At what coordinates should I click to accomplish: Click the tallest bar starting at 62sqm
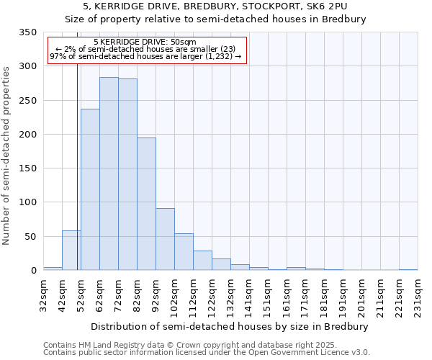pos(109,174)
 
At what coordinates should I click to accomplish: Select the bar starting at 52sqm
pos(90,189)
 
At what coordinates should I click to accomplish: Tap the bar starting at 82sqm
pos(146,204)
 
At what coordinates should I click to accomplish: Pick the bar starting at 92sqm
pos(165,239)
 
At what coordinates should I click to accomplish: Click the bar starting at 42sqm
pos(71,251)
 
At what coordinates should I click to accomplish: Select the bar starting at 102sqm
pos(184,252)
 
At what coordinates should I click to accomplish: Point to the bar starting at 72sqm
pos(127,174)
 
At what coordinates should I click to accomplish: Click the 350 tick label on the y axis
pos(27,32)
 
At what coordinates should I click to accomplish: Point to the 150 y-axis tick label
pos(27,168)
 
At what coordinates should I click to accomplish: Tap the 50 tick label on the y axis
pos(30,236)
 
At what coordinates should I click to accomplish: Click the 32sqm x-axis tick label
pos(44,296)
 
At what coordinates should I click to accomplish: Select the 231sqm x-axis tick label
pos(418,296)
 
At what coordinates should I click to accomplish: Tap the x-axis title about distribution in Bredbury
pos(230,326)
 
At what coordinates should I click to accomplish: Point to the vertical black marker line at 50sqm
pos(77,166)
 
